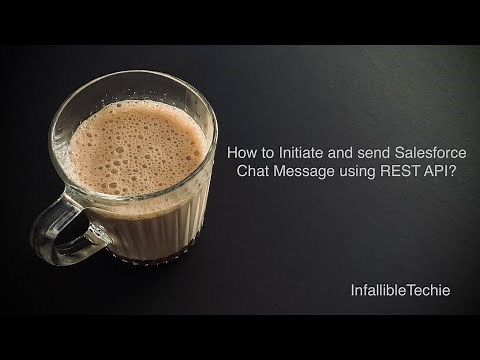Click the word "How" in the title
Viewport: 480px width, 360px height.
coord(242,154)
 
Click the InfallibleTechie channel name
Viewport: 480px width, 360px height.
coord(400,290)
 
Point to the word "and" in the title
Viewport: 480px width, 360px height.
coord(346,154)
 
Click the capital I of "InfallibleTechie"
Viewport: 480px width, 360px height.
coord(352,290)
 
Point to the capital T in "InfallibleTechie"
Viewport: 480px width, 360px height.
coord(407,290)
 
